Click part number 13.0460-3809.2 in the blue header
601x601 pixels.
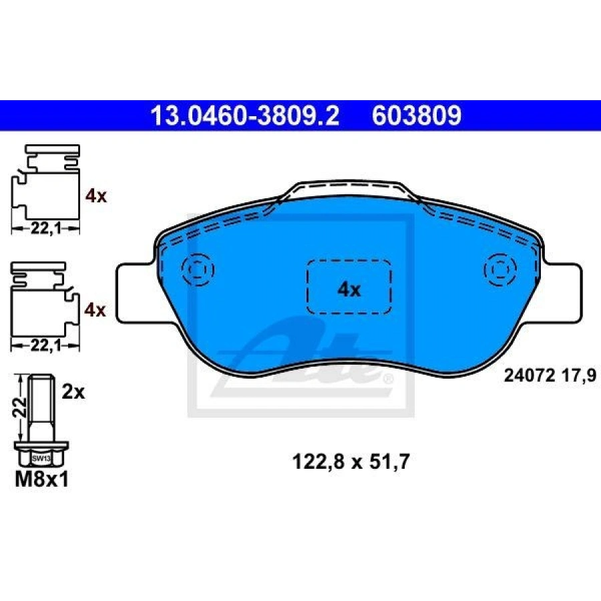(245, 116)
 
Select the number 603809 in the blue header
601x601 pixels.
(417, 116)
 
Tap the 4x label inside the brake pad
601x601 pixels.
(349, 290)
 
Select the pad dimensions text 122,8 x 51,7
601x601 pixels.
(351, 461)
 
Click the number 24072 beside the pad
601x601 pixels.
(529, 375)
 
